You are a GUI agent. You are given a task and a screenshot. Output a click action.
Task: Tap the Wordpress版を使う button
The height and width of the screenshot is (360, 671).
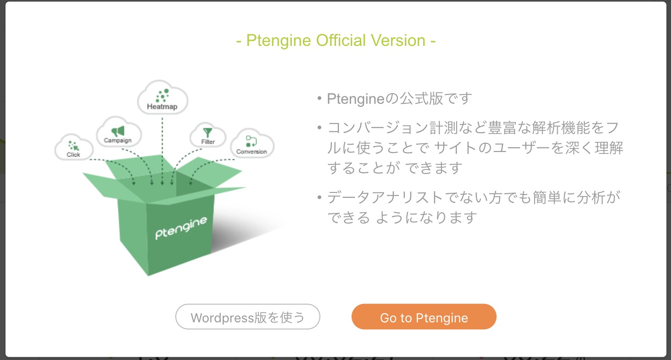coord(247,317)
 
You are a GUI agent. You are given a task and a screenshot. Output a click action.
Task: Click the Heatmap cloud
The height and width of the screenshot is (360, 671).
coord(162,98)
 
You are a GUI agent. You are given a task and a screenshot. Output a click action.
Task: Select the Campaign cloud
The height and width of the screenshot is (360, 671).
coord(118,132)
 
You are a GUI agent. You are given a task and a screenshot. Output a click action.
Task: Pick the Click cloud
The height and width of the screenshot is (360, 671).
coord(73,147)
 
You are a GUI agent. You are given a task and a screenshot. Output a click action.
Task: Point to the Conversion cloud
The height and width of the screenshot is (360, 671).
coord(252,144)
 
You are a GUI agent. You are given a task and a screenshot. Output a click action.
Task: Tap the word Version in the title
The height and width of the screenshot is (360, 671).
coord(401,41)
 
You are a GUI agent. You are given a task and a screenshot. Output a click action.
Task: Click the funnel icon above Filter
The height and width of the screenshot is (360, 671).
coord(208,132)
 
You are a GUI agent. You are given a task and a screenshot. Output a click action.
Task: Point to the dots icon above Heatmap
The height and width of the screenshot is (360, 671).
coord(162,96)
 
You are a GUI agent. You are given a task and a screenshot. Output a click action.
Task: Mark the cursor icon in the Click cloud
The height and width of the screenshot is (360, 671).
coord(73,146)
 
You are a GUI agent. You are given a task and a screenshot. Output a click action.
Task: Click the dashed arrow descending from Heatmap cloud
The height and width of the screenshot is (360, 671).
coord(162,147)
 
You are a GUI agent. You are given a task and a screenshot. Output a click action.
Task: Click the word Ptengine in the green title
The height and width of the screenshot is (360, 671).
coord(279,41)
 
